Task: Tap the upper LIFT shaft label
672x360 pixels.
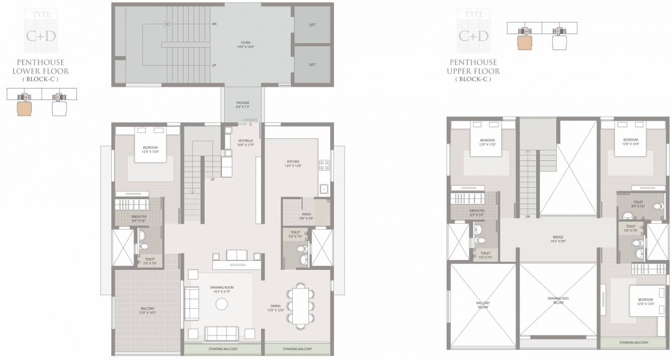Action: coord(312,25)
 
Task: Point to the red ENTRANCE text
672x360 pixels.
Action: coord(250,120)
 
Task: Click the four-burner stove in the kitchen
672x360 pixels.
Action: coord(324,163)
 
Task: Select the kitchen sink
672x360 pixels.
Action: coord(324,190)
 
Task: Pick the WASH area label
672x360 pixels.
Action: coord(306,216)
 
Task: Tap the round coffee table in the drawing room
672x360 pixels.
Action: coord(221,304)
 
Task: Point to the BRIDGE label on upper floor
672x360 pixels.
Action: coord(558,239)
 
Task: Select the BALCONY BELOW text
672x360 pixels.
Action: coord(483,305)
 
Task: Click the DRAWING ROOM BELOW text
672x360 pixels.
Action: coord(558,301)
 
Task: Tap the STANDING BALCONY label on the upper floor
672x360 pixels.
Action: coord(633,342)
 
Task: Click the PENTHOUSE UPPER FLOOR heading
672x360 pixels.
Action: coord(473,67)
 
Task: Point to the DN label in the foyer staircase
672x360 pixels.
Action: coord(214,24)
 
